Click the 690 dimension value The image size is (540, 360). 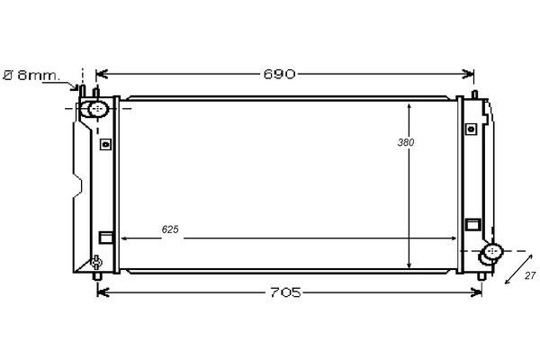click(279, 74)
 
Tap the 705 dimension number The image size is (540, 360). click(285, 292)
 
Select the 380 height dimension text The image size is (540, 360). click(406, 142)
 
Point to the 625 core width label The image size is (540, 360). click(170, 229)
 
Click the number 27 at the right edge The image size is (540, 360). click(530, 275)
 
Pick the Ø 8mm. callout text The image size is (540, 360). click(31, 75)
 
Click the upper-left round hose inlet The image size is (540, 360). click(98, 109)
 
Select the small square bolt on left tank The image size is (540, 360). click(105, 144)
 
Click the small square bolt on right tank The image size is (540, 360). click(471, 130)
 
